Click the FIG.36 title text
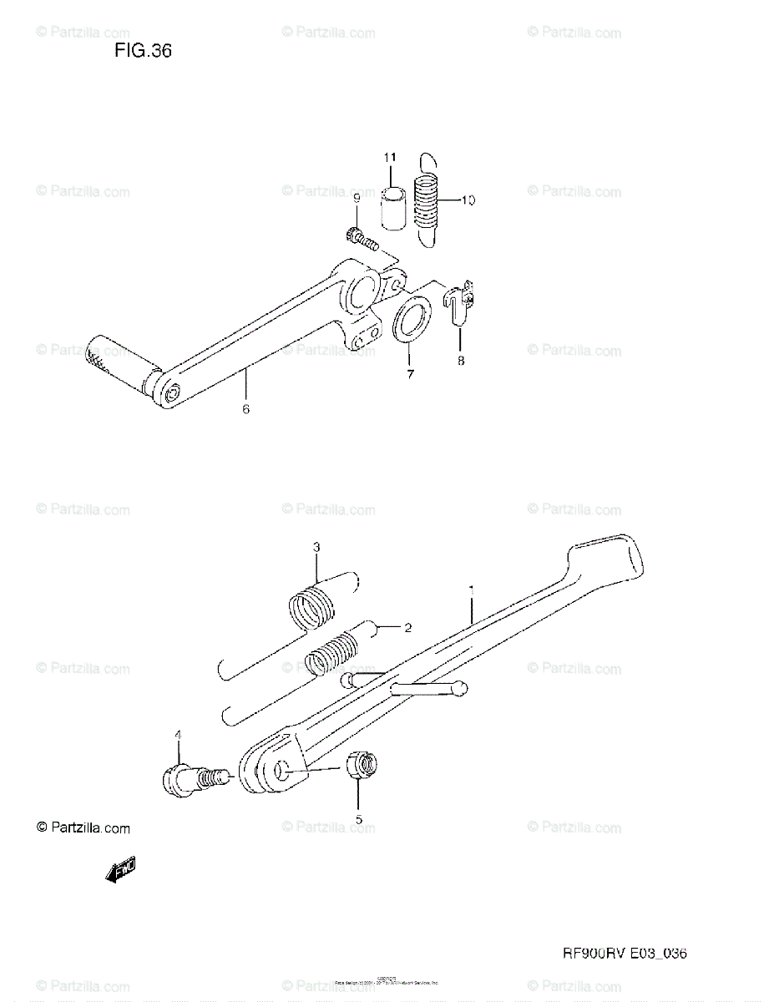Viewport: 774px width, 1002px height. click(144, 51)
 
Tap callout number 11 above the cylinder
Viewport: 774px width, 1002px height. click(391, 157)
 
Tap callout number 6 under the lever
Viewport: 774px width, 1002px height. click(245, 408)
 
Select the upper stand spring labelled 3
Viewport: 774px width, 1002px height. click(311, 607)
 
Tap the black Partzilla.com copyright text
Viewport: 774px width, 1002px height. click(83, 828)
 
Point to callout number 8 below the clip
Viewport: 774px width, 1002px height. click(460, 362)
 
